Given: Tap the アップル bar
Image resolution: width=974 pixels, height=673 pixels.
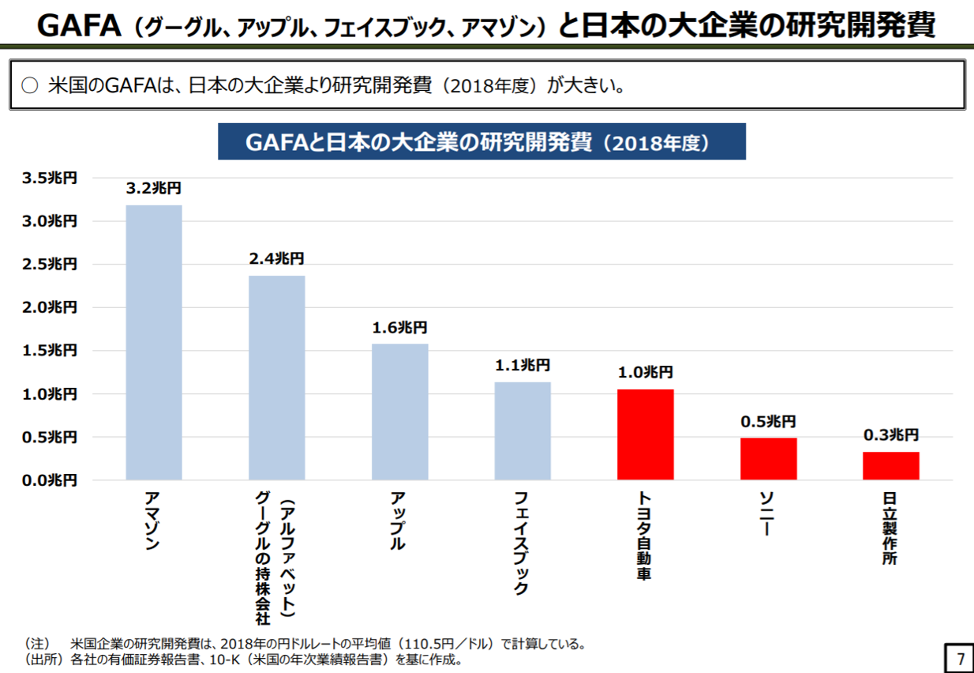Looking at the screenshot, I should (400, 412).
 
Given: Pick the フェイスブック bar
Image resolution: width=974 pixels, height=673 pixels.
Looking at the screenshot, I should (523, 430).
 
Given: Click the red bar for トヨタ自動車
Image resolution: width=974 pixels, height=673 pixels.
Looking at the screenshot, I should (646, 434).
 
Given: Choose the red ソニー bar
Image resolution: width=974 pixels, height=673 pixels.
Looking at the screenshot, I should (768, 458).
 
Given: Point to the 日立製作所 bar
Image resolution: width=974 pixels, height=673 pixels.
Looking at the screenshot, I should (890, 465).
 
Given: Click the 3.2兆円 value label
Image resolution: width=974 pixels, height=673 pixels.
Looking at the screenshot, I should (154, 188).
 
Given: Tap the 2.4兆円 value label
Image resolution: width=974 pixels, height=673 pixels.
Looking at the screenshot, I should (276, 258).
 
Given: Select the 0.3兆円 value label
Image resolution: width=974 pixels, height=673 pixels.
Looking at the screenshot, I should (891, 434).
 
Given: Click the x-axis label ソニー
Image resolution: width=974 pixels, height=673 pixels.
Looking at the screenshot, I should (766, 513).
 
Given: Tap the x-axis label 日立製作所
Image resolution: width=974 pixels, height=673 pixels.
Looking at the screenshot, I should (890, 528).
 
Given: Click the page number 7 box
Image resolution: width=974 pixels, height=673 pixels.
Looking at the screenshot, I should (959, 657).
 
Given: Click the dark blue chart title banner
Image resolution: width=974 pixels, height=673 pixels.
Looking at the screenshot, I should (481, 142).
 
